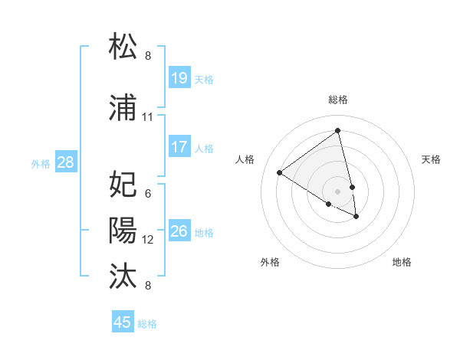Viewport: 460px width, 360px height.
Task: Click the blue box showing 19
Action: (179, 78)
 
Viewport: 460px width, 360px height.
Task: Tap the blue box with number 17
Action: (179, 147)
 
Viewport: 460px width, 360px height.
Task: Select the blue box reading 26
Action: (179, 231)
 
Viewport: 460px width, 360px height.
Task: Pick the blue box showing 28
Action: (65, 162)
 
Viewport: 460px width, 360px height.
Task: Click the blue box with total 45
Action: (123, 322)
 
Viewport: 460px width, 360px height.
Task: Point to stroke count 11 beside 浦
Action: (148, 117)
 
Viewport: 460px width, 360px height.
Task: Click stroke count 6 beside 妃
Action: (148, 193)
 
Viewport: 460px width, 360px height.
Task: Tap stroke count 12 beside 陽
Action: (148, 240)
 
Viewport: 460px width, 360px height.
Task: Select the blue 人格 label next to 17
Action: (204, 148)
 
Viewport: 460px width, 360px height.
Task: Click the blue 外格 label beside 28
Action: (41, 163)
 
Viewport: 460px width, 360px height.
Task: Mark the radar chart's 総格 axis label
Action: (338, 100)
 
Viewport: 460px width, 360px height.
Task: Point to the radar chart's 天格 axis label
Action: (432, 159)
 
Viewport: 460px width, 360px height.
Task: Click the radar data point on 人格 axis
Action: (280, 173)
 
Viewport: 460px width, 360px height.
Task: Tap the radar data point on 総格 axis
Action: (338, 131)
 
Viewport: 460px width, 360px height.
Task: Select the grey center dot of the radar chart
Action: (338, 190)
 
